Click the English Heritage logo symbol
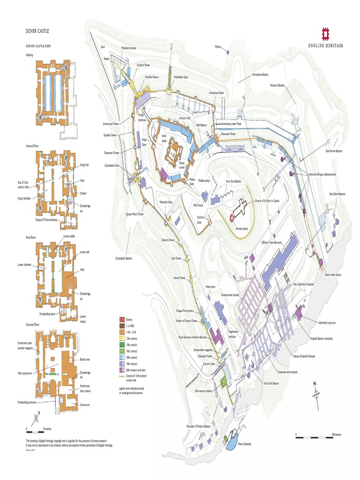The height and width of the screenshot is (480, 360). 326,34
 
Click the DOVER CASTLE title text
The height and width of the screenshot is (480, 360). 37,31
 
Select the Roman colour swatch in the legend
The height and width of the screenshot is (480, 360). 122,319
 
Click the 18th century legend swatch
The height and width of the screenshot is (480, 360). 122,357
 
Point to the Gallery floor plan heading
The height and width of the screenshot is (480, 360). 30,55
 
